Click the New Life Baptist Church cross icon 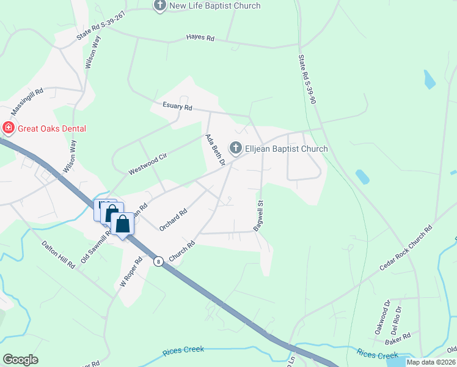pos(160,6)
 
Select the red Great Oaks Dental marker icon pos(8,128)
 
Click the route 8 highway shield pos(158,261)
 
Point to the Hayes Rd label pos(200,39)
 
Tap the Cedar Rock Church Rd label pos(406,248)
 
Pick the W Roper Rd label pos(131,272)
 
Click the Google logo pos(20,360)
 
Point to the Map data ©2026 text pos(431,362)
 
